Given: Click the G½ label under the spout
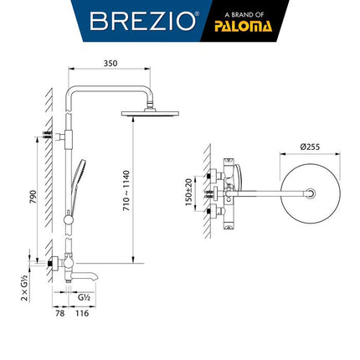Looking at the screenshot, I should pos(85,296).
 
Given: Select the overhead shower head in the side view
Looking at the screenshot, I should pos(150,112).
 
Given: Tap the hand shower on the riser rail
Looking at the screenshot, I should pos(81,176).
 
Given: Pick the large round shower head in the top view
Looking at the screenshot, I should pos(310,193).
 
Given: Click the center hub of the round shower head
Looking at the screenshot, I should pos(311,193).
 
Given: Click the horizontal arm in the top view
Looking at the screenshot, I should pos(268,193).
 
